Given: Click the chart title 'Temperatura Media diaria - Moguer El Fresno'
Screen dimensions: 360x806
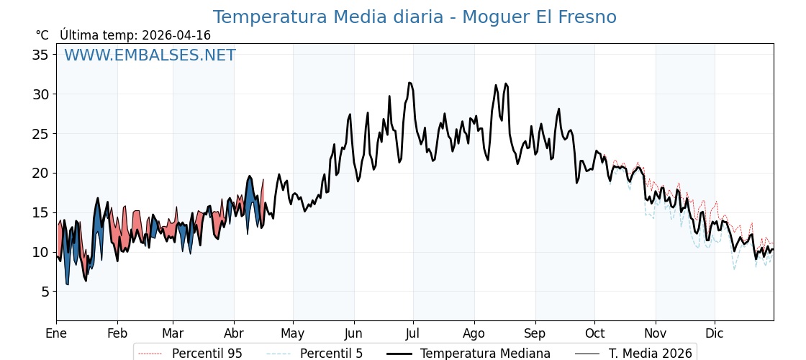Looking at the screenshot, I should pyautogui.click(x=415, y=17).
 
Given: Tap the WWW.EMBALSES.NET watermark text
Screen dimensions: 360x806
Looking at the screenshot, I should pyautogui.click(x=150, y=55).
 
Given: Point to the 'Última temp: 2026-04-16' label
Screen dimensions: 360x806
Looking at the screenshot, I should pyautogui.click(x=135, y=35).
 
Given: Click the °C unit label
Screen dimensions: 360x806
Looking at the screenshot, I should pyautogui.click(x=42, y=35).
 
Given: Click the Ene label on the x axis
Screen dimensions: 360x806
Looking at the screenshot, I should pyautogui.click(x=56, y=333).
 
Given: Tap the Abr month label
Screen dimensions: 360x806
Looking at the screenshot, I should pyautogui.click(x=234, y=333).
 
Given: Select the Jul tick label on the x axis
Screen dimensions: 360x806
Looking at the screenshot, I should pyautogui.click(x=413, y=333).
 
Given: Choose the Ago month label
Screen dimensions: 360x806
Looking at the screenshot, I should pyautogui.click(x=474, y=333).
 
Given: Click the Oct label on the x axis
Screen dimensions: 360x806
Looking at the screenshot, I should pyautogui.click(x=594, y=333).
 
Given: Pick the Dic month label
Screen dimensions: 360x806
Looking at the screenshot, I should pyautogui.click(x=715, y=333).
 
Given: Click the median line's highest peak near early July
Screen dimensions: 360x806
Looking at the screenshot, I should pyautogui.click(x=409, y=83).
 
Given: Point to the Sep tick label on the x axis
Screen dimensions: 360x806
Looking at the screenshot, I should pyautogui.click(x=535, y=333).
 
